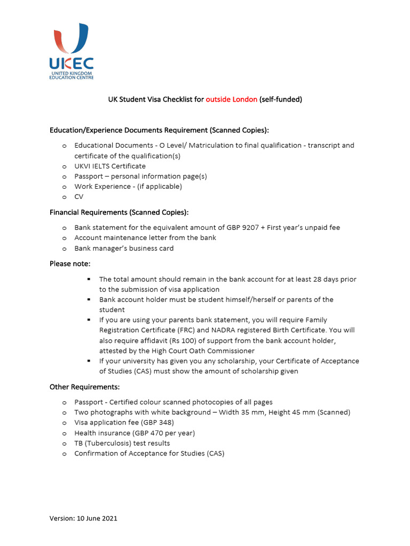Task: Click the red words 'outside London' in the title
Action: coord(231,99)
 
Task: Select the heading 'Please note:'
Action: coord(70,263)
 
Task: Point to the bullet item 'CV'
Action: coord(79,197)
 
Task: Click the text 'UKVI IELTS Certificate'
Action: coord(110,166)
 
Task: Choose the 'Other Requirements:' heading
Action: coord(84,387)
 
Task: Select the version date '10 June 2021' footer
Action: coord(98,518)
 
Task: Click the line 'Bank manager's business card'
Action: coord(124,248)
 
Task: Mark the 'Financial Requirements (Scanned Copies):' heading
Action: coord(119,212)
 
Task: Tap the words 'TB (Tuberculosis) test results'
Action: coord(122,443)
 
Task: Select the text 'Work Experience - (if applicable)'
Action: coord(128,187)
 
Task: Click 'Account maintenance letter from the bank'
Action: coord(145,238)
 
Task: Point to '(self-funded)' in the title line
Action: coord(281,99)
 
